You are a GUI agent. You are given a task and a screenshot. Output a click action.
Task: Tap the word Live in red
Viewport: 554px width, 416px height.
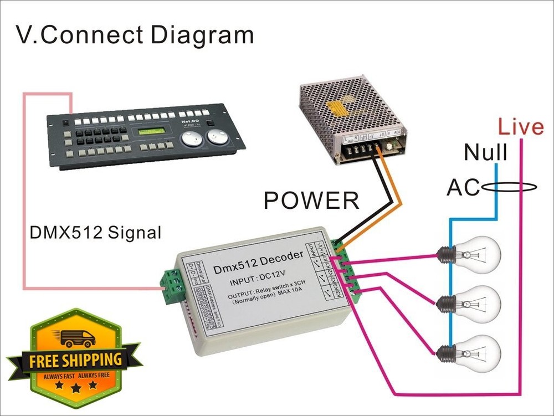[520, 127]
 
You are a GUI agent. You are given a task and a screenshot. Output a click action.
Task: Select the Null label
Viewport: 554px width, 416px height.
[485, 152]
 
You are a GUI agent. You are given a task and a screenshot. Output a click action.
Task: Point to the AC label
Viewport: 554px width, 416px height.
[463, 188]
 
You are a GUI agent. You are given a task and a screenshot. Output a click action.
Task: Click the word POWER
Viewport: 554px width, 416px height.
[311, 200]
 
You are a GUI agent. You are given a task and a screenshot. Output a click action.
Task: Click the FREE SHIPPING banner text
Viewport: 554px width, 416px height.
[75, 360]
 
